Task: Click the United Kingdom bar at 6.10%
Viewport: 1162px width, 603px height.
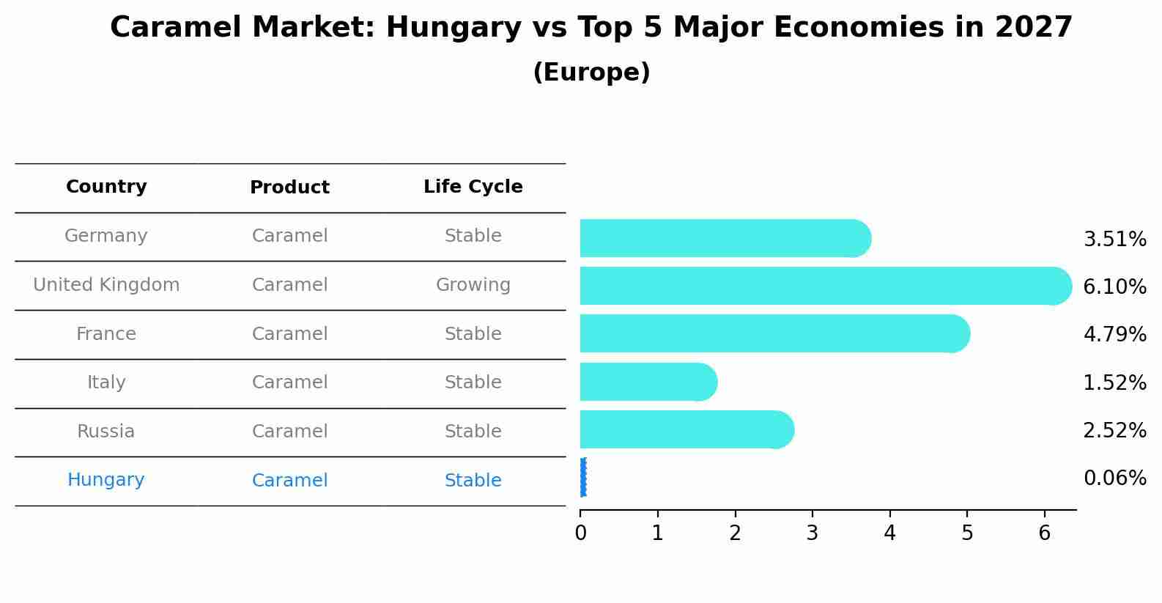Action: pyautogui.click(x=821, y=286)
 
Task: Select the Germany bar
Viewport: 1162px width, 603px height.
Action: pyautogui.click(x=722, y=238)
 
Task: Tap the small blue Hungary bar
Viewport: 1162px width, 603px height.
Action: pyautogui.click(x=583, y=478)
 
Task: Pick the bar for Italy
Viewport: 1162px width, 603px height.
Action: pyautogui.click(x=645, y=382)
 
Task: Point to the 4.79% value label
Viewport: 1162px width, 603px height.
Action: pyautogui.click(x=1114, y=335)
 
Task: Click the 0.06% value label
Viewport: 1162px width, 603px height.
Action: pyautogui.click(x=1114, y=478)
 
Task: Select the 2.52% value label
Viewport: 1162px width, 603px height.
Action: pyautogui.click(x=1114, y=431)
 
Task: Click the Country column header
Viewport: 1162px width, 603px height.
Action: pyautogui.click(x=106, y=187)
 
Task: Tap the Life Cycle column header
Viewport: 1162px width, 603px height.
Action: pyautogui.click(x=473, y=187)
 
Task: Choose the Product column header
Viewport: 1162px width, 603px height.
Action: pyautogui.click(x=289, y=188)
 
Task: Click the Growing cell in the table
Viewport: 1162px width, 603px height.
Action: pyautogui.click(x=473, y=285)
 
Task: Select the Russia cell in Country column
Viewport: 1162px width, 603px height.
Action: pyautogui.click(x=106, y=432)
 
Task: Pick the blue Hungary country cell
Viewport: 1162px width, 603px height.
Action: pyautogui.click(x=106, y=480)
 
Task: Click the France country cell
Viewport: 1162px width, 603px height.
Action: pyautogui.click(x=106, y=334)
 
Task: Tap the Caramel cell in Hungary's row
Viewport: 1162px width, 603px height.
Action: pyautogui.click(x=289, y=481)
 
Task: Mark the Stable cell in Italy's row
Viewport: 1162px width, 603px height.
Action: pyautogui.click(x=473, y=382)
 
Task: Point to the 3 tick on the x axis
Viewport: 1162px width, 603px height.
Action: pyautogui.click(x=812, y=533)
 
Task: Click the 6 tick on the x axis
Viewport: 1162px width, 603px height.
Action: pyautogui.click(x=1044, y=533)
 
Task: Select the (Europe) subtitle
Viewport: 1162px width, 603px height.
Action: pyautogui.click(x=591, y=73)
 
